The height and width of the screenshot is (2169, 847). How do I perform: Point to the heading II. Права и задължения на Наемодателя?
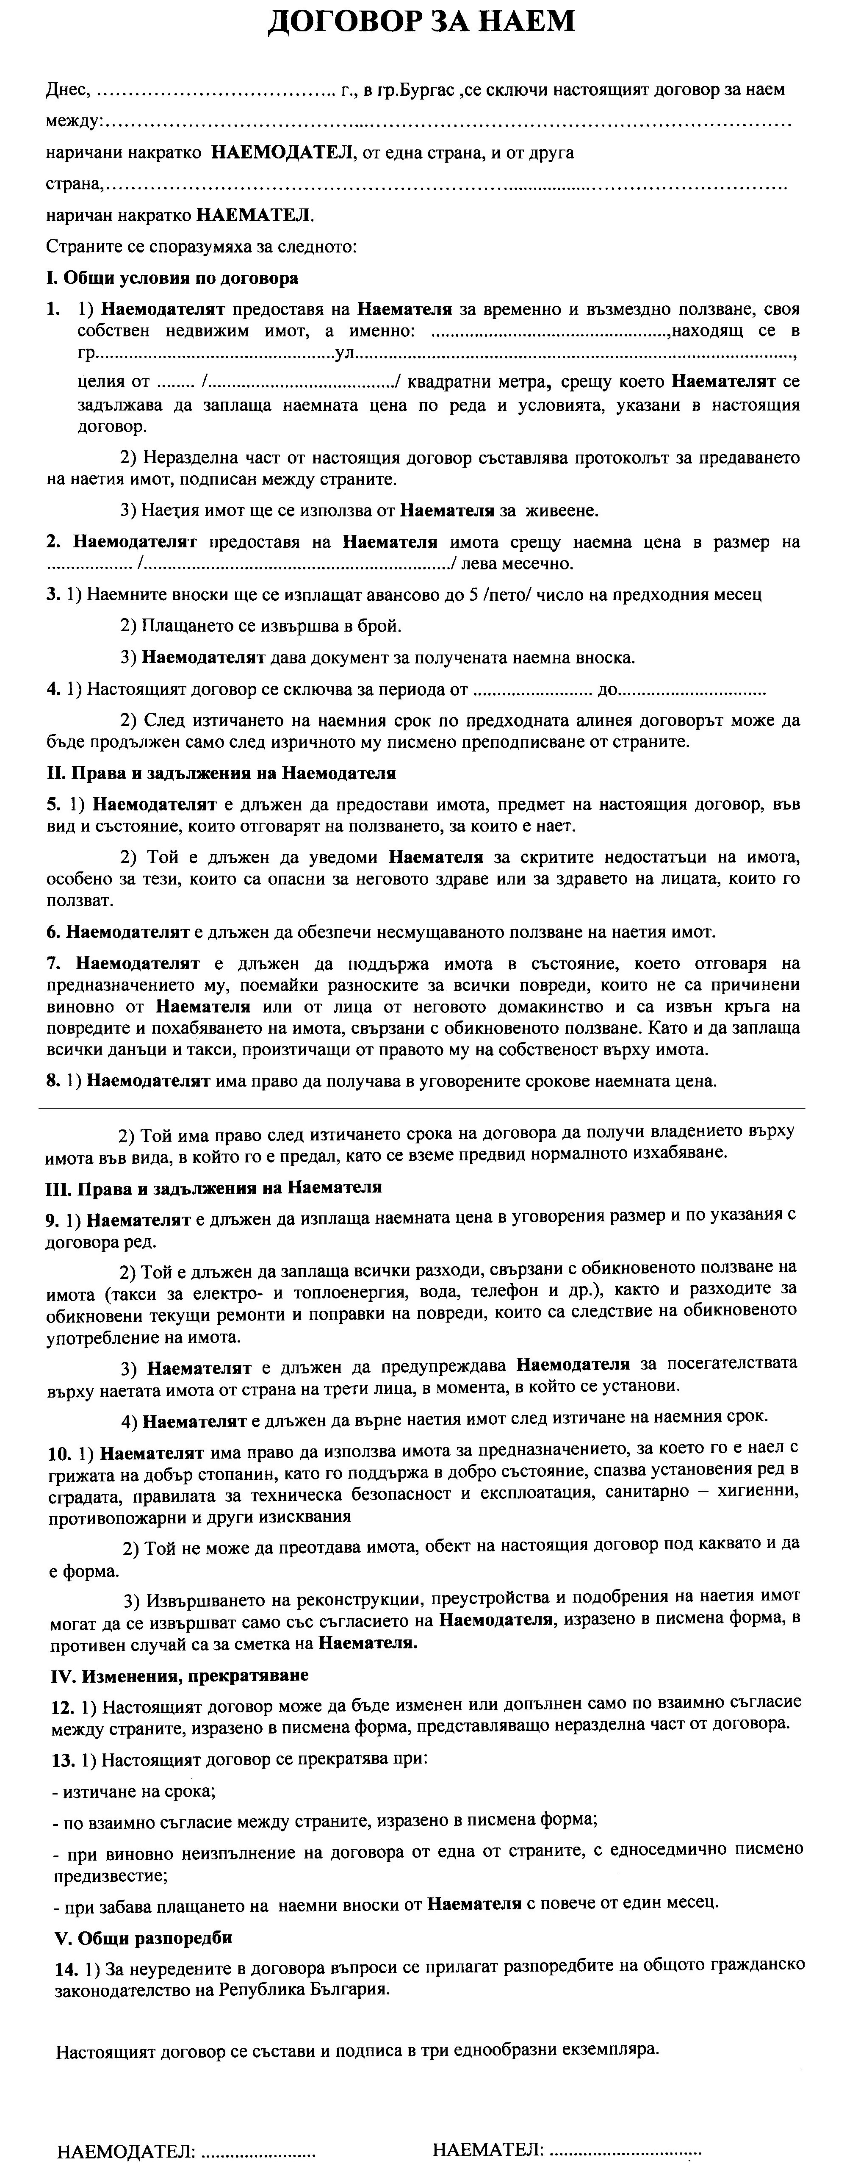pyautogui.click(x=221, y=773)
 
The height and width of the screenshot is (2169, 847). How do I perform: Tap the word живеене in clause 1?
pyautogui.click(x=566, y=510)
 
